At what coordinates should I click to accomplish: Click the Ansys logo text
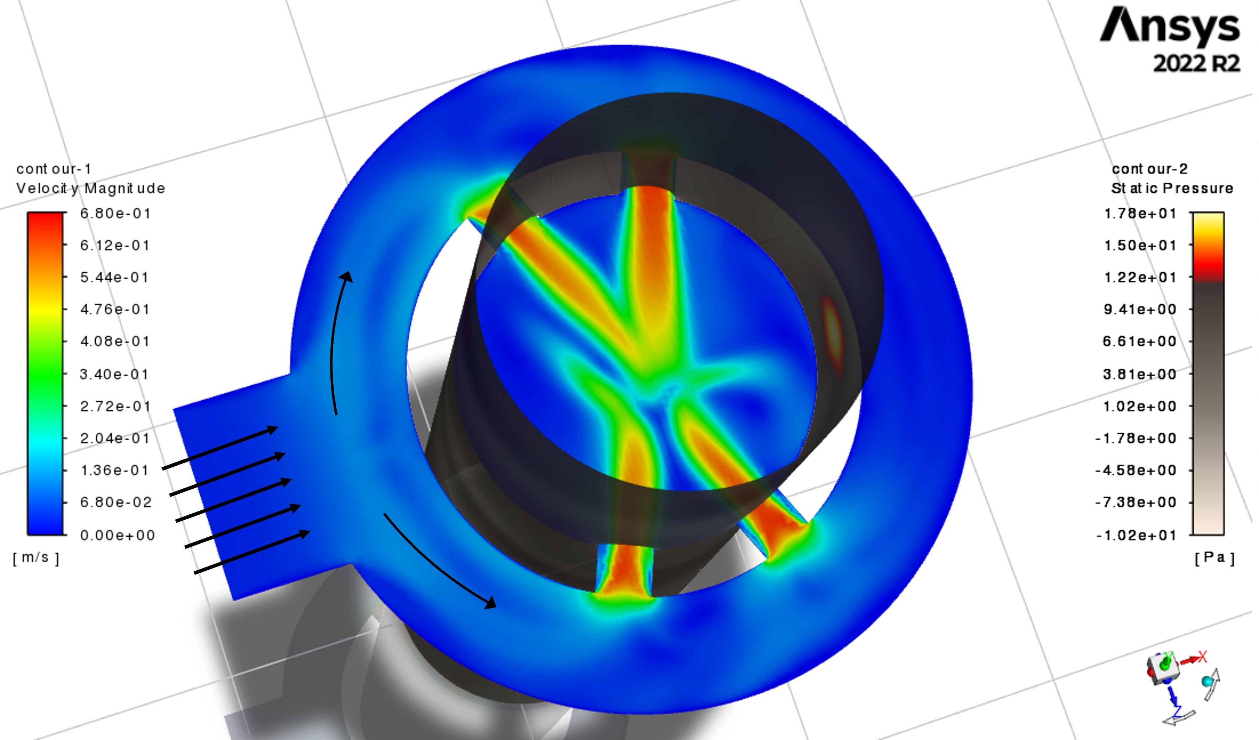pyautogui.click(x=1169, y=26)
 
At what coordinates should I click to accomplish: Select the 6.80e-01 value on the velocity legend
pyautogui.click(x=115, y=214)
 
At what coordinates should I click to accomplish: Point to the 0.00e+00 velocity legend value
pyautogui.click(x=117, y=535)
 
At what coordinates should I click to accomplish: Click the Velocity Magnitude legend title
pyautogui.click(x=90, y=188)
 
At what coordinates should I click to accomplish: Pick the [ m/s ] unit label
pyautogui.click(x=36, y=557)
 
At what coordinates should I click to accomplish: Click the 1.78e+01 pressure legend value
pyautogui.click(x=1140, y=214)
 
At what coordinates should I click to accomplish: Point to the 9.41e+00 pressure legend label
pyautogui.click(x=1140, y=310)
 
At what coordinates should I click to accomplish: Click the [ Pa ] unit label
pyautogui.click(x=1215, y=557)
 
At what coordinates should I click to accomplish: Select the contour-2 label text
pyautogui.click(x=1149, y=169)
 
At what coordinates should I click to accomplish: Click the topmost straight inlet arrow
pyautogui.click(x=220, y=447)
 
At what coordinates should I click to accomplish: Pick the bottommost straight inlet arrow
pyautogui.click(x=252, y=552)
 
